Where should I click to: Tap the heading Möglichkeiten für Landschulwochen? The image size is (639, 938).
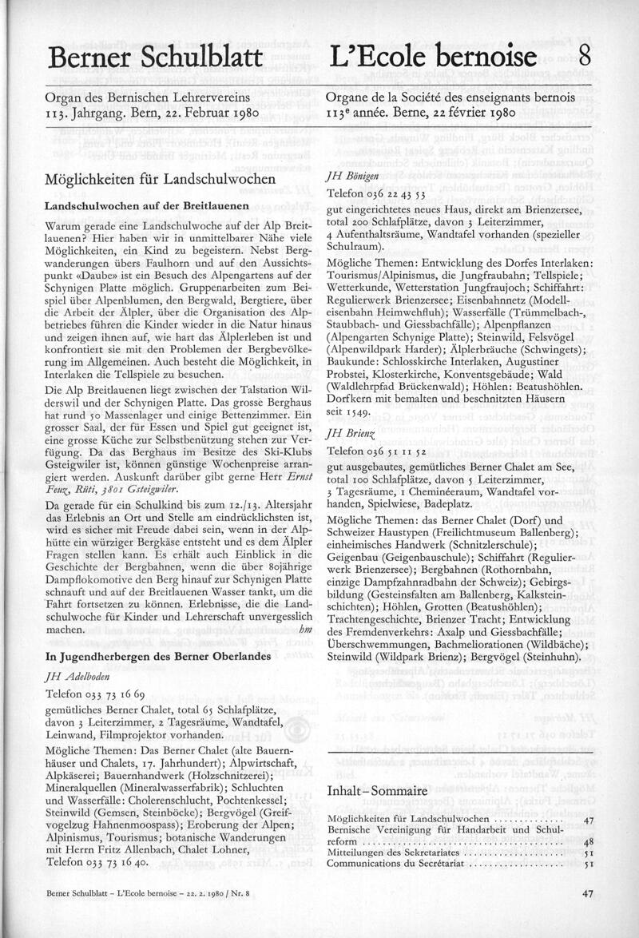(x=160, y=181)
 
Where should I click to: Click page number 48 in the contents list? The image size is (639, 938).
(x=588, y=841)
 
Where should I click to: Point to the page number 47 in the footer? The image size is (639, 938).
(x=586, y=917)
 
